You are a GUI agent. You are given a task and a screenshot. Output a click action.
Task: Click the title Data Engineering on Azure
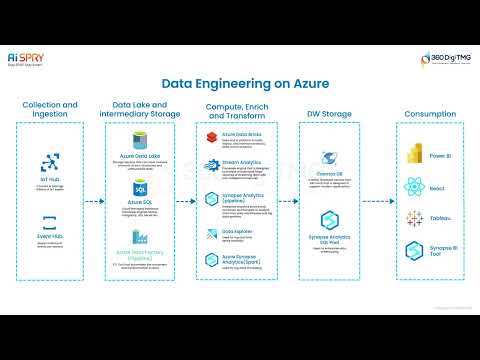[x=240, y=87]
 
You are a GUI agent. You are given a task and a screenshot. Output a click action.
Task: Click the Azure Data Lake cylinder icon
[x=140, y=142]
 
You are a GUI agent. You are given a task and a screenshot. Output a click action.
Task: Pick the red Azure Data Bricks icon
[x=213, y=136]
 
